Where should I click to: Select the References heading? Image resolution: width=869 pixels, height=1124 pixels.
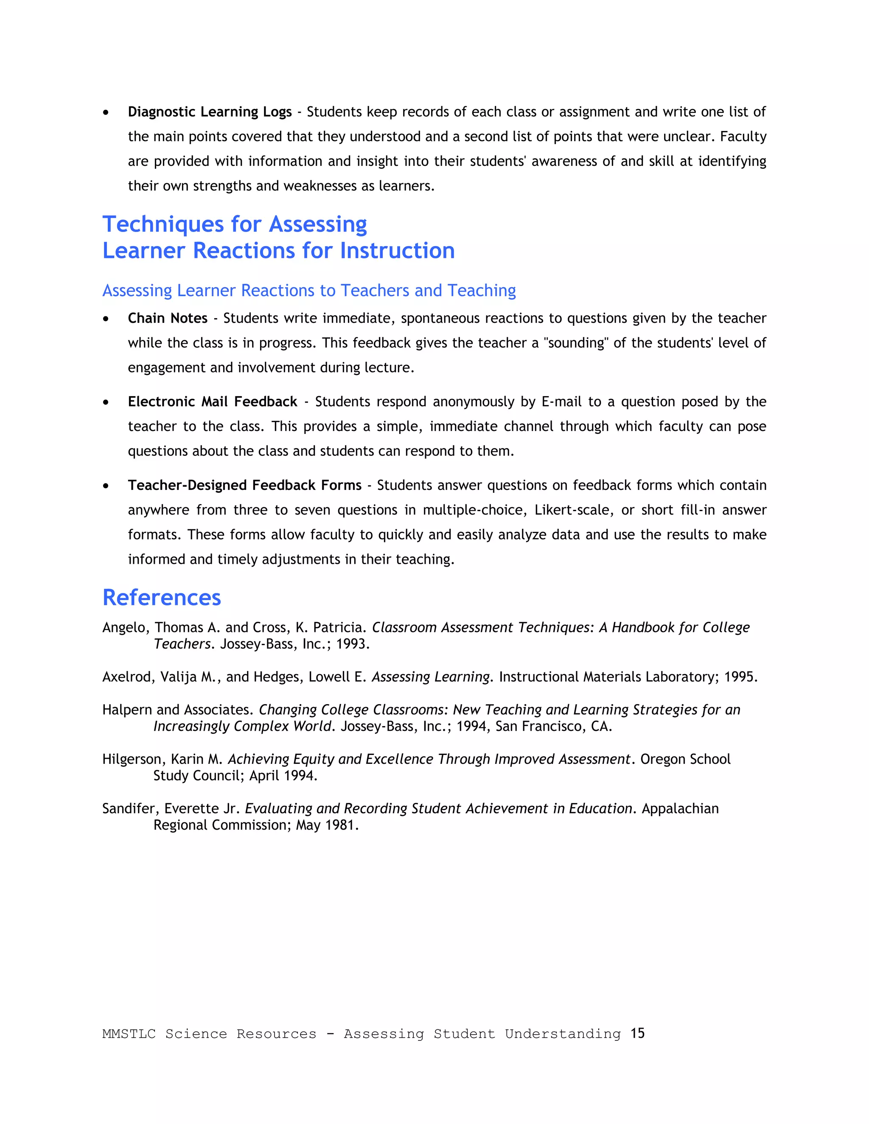pos(162,598)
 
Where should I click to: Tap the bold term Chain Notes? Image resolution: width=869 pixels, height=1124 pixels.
pos(167,318)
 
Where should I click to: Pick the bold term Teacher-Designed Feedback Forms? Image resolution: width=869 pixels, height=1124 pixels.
pos(244,485)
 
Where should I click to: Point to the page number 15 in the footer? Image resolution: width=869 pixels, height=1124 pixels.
pos(637,1033)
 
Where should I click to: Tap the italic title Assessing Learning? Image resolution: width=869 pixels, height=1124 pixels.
pos(430,677)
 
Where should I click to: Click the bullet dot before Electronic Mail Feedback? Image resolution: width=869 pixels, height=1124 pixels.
pos(106,402)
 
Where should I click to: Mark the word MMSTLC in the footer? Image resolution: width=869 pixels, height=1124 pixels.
pos(129,1034)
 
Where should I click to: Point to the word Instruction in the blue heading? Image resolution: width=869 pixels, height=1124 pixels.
pos(397,251)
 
